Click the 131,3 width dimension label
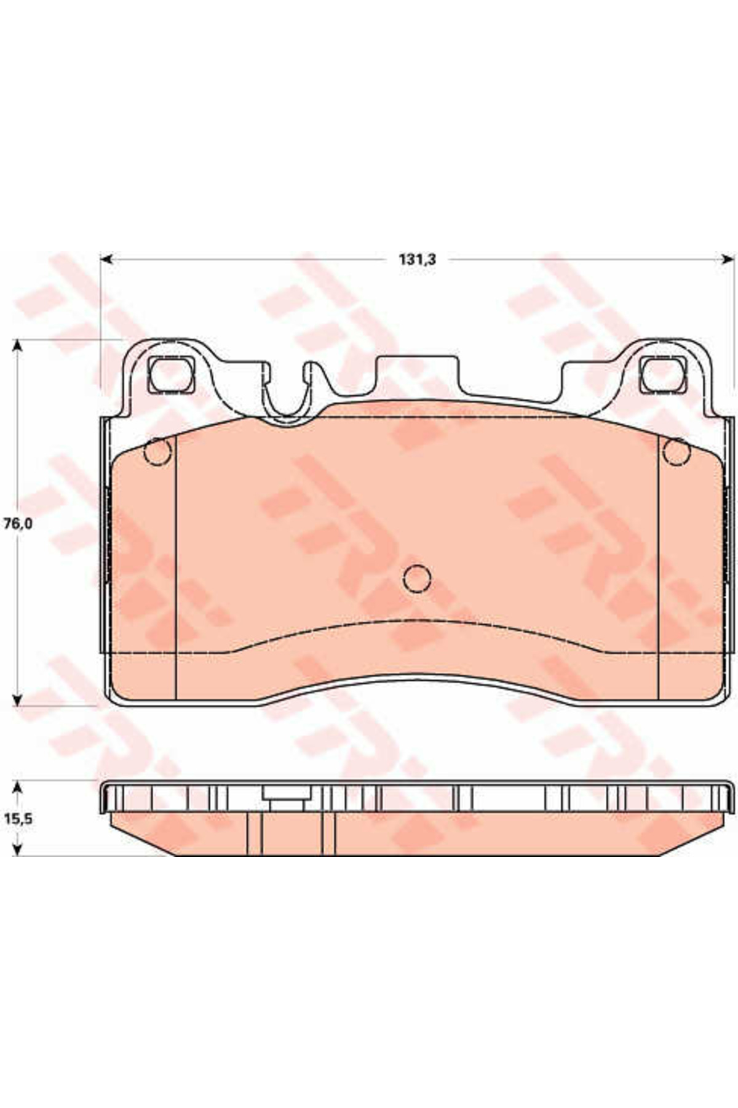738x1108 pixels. tap(418, 260)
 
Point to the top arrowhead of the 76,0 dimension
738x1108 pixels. tap(18, 346)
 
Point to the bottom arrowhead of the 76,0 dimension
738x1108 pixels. tap(18, 699)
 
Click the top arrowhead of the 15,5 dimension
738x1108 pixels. tap(18, 788)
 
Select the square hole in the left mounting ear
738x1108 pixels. tap(171, 375)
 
